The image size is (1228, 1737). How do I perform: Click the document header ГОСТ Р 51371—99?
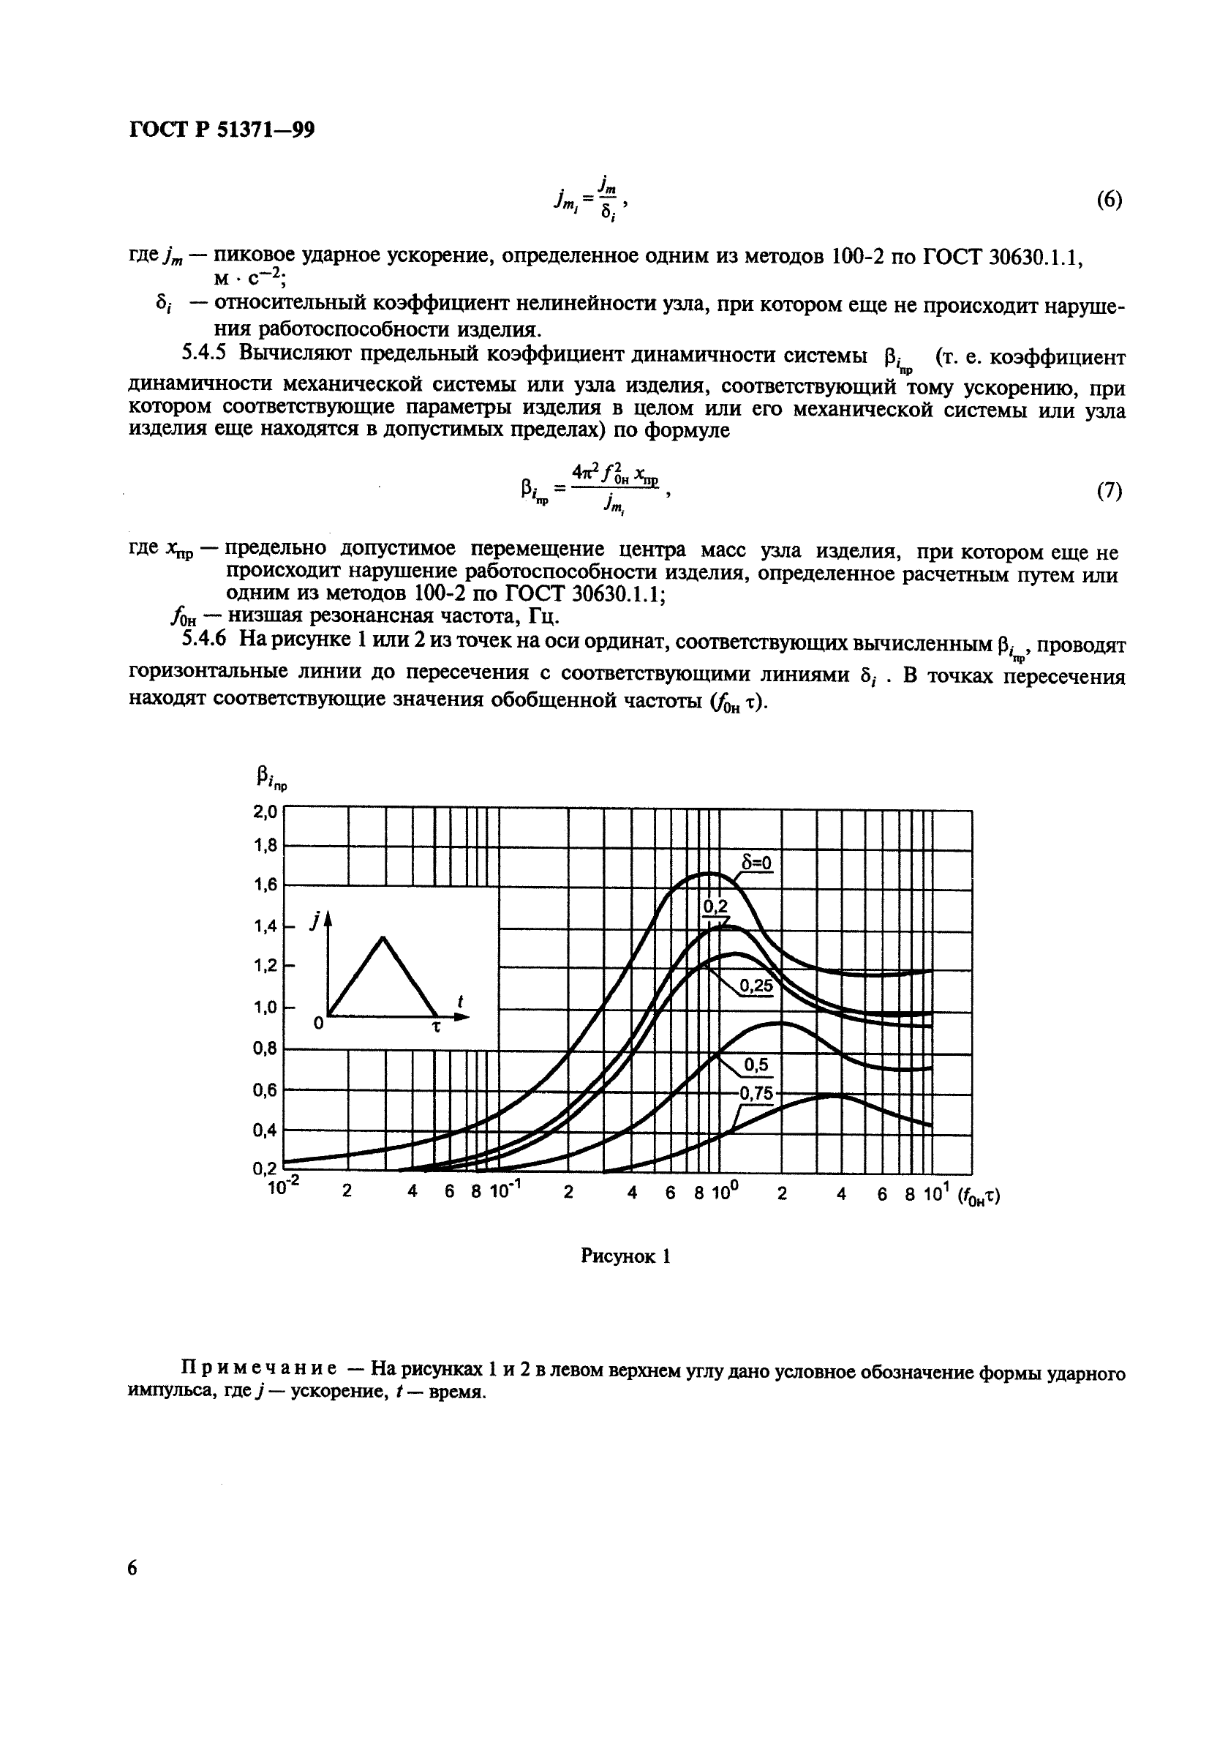[x=222, y=130]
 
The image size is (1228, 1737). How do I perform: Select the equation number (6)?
[x=1109, y=200]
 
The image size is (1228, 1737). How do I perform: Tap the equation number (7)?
[x=1109, y=491]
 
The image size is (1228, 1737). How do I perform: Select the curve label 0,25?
[x=756, y=986]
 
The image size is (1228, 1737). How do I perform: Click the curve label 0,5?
[x=756, y=1065]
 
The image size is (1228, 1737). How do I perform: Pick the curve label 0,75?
[x=756, y=1093]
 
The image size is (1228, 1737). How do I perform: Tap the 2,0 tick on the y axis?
[x=265, y=811]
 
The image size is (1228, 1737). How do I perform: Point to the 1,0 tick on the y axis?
[x=265, y=1008]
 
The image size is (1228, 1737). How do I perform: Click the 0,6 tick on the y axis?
[x=265, y=1090]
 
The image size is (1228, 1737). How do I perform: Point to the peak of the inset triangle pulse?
[x=383, y=937]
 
